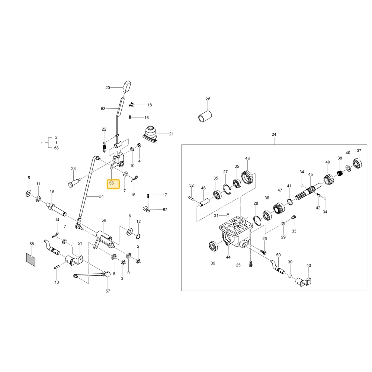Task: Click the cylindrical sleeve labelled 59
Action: (x=205, y=116)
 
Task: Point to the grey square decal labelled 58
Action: (x=31, y=260)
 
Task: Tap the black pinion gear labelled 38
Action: (x=339, y=173)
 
